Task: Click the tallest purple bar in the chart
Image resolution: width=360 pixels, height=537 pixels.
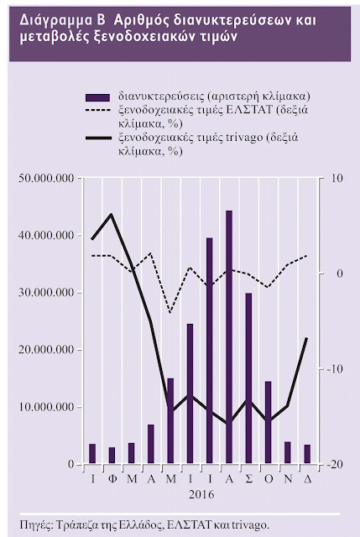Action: point(229,337)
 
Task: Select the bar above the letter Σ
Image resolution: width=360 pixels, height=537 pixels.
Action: point(248,378)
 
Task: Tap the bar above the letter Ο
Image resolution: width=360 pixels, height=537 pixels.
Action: point(269,423)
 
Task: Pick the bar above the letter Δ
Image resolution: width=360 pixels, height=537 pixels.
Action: point(307,454)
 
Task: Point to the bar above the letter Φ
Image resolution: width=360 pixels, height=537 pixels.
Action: point(112,456)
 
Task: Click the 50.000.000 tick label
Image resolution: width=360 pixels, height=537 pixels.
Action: point(47,179)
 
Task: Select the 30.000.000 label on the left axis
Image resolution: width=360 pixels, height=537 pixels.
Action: point(47,293)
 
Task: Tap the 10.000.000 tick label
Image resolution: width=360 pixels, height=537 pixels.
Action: point(47,407)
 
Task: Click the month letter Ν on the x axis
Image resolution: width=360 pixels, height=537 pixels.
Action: point(288,479)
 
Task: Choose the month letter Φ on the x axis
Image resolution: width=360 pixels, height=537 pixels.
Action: point(112,479)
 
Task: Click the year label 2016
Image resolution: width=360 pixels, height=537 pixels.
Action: point(201,494)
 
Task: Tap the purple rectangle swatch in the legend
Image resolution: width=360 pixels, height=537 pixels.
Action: point(98,97)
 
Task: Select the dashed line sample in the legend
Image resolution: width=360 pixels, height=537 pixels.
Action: point(98,111)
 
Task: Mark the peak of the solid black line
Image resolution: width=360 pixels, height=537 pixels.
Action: point(112,214)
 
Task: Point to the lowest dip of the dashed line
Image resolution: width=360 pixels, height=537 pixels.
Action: point(170,313)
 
